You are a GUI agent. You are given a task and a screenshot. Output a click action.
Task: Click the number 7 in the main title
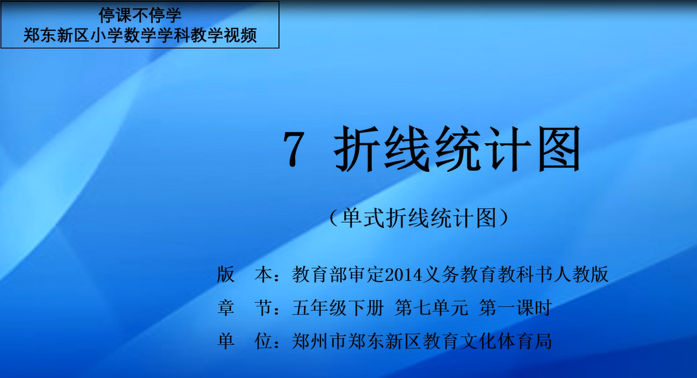pos(294,149)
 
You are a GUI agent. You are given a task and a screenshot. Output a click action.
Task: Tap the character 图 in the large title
pos(559,149)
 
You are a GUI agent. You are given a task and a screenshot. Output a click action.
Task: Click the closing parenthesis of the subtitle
pos(503,218)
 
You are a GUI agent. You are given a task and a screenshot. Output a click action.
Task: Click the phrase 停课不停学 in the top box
pos(140,16)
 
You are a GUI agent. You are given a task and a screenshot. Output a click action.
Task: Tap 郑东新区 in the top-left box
pos(56,35)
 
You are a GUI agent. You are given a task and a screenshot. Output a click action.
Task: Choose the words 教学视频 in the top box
pos(223,35)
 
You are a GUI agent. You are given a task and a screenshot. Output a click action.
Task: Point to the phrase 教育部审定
pos(338,275)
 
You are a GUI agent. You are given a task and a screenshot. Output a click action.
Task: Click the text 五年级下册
pos(338,308)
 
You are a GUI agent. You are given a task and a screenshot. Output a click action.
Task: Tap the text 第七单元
pos(431,308)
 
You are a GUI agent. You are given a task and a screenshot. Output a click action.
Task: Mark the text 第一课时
pos(515,308)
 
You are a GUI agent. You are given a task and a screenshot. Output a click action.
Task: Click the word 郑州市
pos(319,341)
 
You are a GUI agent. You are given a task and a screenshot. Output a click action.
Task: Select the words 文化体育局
pos(505,341)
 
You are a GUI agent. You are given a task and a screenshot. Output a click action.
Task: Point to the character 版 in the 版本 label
pos(226,275)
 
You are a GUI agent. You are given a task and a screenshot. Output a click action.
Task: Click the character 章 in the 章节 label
pos(226,308)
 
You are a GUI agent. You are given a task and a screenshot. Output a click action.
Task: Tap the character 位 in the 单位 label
pos(263,341)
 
